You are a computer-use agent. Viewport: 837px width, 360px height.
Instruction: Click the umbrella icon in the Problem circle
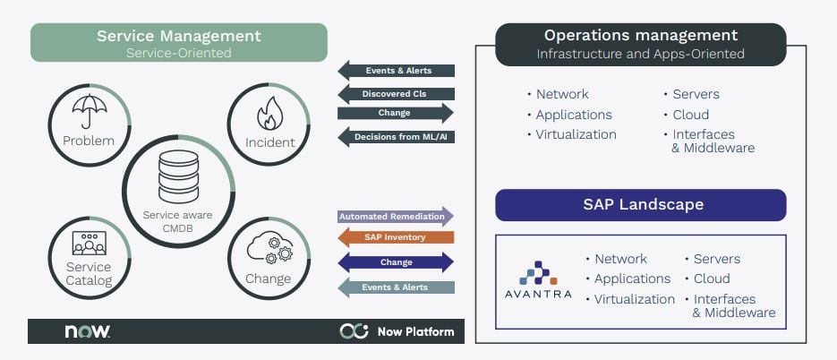(x=89, y=110)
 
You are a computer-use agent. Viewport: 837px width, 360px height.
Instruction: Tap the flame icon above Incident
(x=269, y=115)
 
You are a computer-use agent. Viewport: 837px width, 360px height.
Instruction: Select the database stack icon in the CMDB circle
(x=178, y=176)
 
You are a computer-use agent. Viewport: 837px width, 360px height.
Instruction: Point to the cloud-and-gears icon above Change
(x=269, y=247)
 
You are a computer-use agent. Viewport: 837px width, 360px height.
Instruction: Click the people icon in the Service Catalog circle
(x=89, y=244)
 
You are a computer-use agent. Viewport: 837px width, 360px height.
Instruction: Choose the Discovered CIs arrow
(x=396, y=93)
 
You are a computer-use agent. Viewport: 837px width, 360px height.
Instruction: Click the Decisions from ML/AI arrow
(x=396, y=136)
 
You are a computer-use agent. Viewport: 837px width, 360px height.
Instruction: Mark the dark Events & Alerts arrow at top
(x=396, y=71)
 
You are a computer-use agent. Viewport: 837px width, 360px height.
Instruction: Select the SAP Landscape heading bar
(x=640, y=205)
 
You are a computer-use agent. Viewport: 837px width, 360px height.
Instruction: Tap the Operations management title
(x=640, y=36)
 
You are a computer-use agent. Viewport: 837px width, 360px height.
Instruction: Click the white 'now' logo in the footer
(x=87, y=331)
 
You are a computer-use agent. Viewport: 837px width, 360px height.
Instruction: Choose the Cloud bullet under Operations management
(x=690, y=115)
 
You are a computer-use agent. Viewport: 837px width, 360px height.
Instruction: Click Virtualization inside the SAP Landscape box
(x=634, y=299)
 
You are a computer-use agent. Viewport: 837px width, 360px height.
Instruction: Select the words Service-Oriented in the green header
(x=178, y=53)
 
